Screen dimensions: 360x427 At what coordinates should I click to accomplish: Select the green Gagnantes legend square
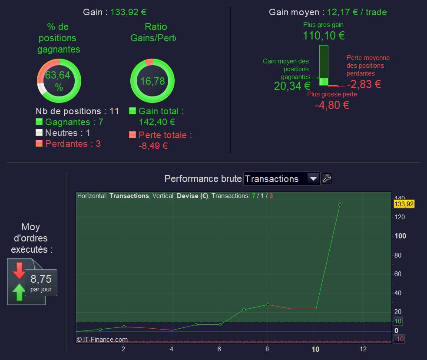[x=39, y=122]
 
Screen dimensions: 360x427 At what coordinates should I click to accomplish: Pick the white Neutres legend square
[x=39, y=133]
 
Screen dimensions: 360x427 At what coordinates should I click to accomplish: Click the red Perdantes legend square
[x=39, y=144]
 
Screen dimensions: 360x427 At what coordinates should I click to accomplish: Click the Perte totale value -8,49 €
[x=153, y=146]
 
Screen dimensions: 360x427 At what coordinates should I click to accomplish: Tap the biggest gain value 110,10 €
[x=324, y=36]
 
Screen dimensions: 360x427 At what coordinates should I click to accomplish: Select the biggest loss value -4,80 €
[x=332, y=105]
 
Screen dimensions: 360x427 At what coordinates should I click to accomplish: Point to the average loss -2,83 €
[x=364, y=84]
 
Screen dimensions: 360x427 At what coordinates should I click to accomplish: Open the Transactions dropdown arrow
[x=313, y=178]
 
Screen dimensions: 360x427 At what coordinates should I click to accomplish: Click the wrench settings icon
[x=327, y=178]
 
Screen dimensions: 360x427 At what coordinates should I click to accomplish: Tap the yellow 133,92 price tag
[x=404, y=204]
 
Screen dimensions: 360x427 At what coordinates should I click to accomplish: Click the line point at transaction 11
[x=340, y=205]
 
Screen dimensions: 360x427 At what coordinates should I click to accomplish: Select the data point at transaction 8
[x=268, y=304]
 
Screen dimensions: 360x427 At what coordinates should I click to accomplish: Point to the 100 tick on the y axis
[x=400, y=236]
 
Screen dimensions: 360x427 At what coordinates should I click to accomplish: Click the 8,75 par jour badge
[x=41, y=282]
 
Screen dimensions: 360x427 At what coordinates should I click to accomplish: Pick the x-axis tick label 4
[x=172, y=349]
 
